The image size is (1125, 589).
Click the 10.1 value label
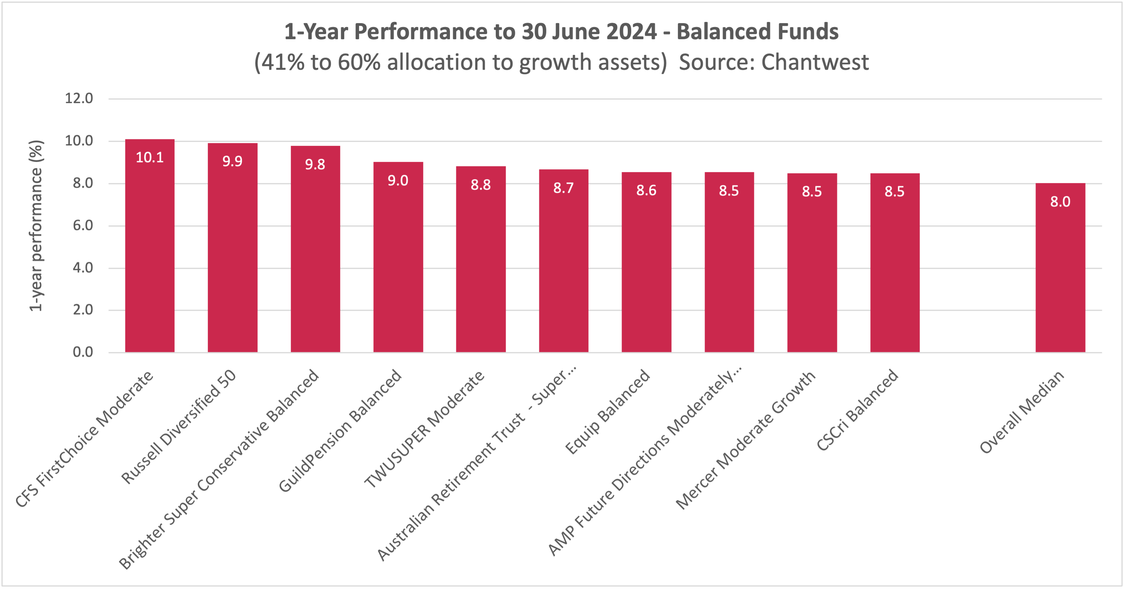click(x=150, y=157)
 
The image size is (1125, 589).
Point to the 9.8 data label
click(x=315, y=164)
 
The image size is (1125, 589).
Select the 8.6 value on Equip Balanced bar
click(x=646, y=190)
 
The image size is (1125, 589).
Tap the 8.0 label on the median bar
click(x=1060, y=202)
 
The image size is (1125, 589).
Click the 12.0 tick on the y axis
click(x=79, y=98)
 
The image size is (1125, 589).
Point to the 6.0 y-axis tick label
click(x=83, y=225)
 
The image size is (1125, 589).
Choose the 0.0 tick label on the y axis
click(x=83, y=352)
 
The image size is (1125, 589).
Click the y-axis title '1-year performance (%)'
click(x=36, y=225)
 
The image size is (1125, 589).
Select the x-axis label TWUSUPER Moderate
click(x=424, y=429)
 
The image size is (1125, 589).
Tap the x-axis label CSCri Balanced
click(x=857, y=410)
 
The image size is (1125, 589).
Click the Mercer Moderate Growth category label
click(x=746, y=440)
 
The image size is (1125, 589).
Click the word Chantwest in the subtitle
click(x=815, y=62)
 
